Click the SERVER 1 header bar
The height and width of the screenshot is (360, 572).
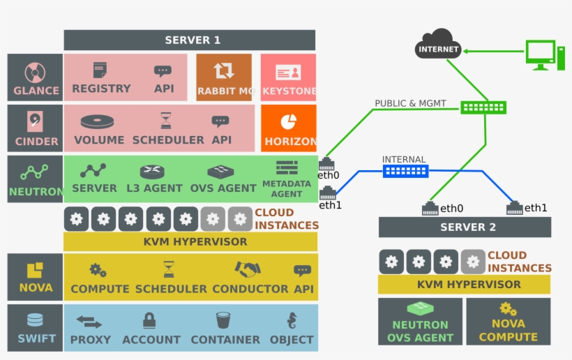point(189,40)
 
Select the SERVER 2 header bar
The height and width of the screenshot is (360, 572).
point(465,227)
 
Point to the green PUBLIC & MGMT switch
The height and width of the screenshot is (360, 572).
point(483,107)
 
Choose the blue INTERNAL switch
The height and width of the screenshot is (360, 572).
point(405,170)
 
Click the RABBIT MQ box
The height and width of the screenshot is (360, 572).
point(224,77)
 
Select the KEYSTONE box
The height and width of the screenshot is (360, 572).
point(288,77)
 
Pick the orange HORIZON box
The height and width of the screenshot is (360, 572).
point(288,128)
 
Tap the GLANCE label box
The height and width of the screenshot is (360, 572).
point(35,77)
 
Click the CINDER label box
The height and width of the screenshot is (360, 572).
point(35,128)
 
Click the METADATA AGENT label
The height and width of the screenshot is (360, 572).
point(286,188)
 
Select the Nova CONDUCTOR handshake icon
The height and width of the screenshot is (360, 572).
point(247,269)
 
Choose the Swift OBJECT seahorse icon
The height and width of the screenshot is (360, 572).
point(292,321)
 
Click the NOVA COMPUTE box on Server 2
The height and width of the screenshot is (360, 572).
point(508,322)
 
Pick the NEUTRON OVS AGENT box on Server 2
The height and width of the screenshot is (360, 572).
point(420,322)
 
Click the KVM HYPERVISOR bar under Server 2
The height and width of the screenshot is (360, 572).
point(464,285)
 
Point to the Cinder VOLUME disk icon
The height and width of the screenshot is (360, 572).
point(97,121)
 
